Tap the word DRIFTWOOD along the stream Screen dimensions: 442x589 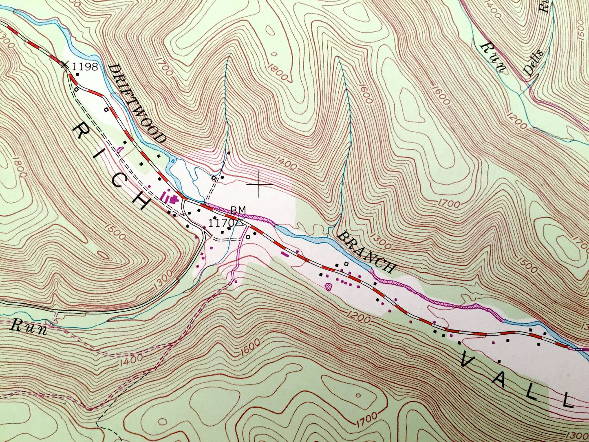[137, 104]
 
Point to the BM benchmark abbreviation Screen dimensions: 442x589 [238, 210]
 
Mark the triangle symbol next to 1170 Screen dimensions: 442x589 [240, 223]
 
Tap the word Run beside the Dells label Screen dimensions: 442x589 [493, 57]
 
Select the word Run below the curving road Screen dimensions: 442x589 [29, 327]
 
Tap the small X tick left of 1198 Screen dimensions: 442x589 [64, 64]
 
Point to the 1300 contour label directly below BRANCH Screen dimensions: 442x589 [381, 244]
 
